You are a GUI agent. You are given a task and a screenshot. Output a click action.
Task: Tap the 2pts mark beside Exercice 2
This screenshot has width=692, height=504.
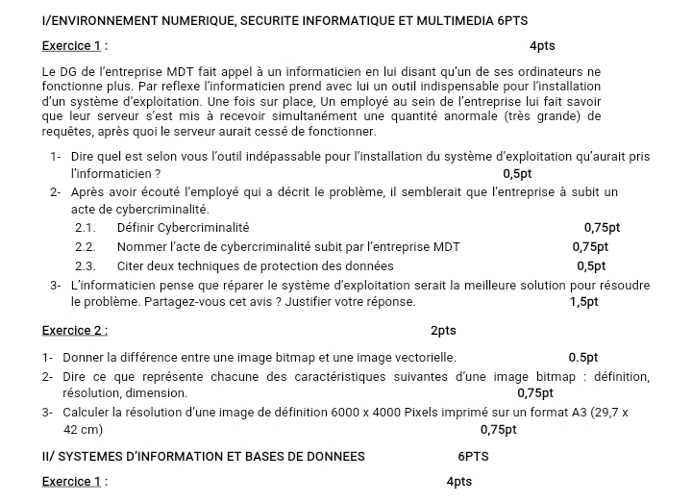[443, 330]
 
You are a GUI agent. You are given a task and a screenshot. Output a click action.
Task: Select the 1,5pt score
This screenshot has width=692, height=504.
[583, 301]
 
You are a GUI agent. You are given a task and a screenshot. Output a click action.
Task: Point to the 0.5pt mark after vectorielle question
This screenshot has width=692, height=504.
[583, 358]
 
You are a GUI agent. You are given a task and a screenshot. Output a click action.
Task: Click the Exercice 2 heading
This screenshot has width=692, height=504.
[75, 330]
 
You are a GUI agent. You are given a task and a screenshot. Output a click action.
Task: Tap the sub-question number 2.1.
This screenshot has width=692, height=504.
[86, 228]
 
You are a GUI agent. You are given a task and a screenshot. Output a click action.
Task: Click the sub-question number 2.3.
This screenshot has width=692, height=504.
[86, 265]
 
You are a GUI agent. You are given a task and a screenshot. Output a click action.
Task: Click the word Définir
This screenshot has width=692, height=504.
[135, 228]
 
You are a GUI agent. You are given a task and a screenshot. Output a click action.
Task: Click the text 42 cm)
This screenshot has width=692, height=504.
[83, 429]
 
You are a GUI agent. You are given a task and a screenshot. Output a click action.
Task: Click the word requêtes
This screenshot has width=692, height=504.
[72, 130]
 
